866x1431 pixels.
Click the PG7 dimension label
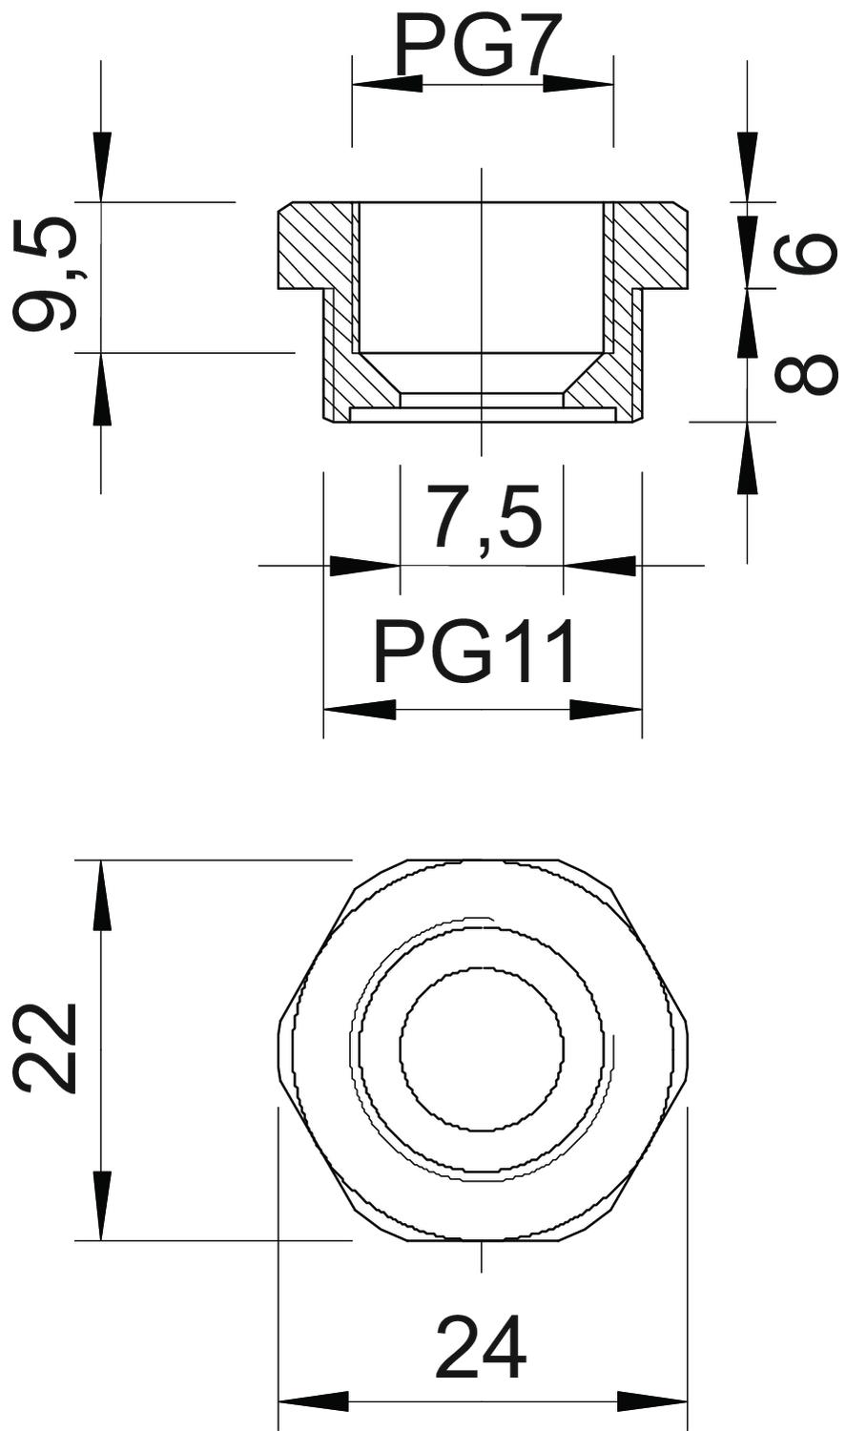point(472,44)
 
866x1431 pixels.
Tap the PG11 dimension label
point(475,653)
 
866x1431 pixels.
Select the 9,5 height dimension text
point(46,274)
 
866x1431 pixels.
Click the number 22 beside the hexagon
point(45,1047)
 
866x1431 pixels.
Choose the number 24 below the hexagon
point(482,1347)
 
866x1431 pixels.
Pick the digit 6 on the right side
point(805,252)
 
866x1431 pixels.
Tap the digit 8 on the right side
point(805,373)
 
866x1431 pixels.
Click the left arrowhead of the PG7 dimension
point(387,84)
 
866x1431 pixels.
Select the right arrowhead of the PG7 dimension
point(578,84)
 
